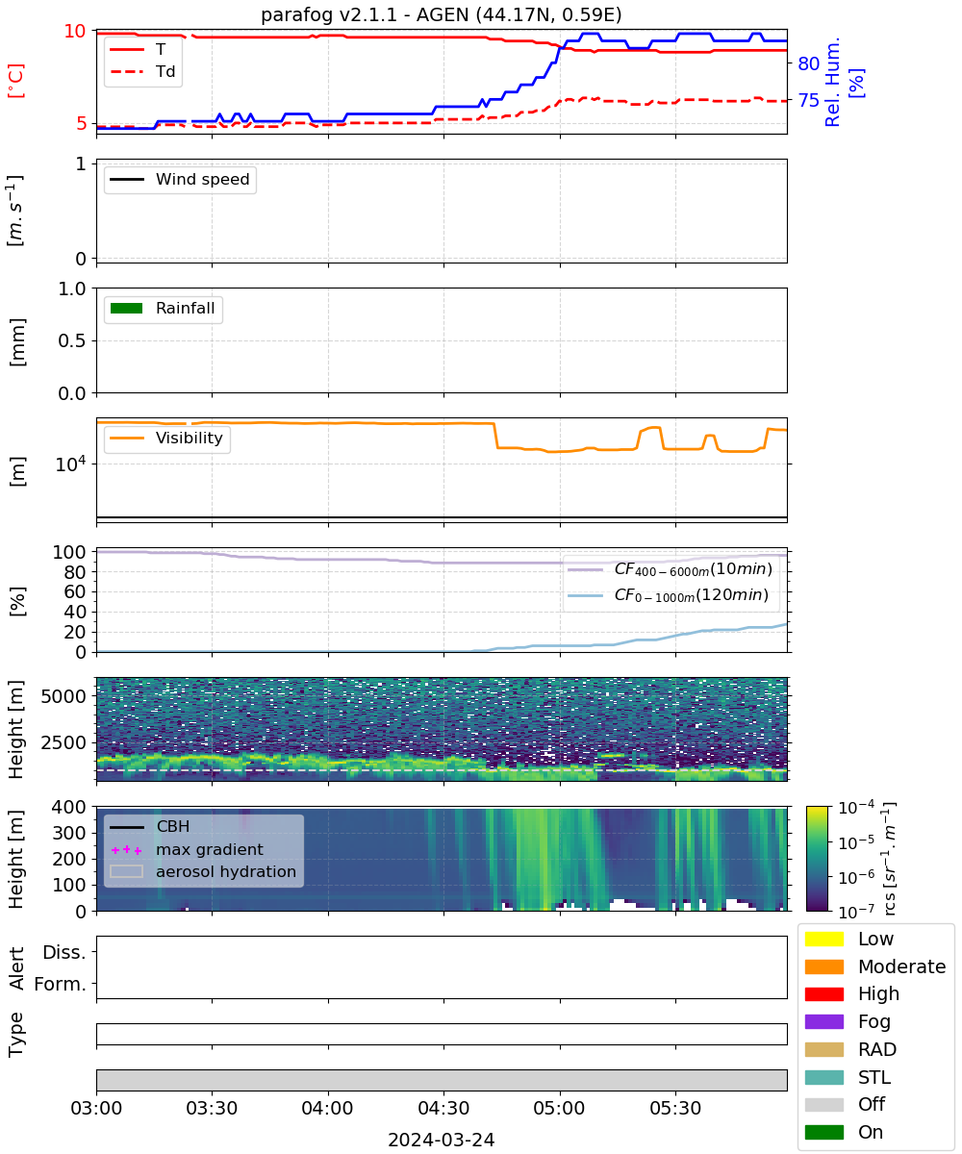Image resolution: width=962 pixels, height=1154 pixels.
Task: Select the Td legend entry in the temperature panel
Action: click(x=142, y=71)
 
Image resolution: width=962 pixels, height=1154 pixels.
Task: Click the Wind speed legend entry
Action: click(x=180, y=179)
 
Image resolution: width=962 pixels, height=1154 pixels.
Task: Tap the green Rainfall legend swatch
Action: click(x=127, y=309)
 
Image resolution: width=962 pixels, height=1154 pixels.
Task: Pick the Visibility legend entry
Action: click(x=165, y=438)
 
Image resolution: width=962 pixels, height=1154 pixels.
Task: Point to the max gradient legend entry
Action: click(x=187, y=849)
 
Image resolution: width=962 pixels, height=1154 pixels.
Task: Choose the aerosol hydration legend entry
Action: click(x=203, y=871)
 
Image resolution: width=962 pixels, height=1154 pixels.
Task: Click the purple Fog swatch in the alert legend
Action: click(x=823, y=1021)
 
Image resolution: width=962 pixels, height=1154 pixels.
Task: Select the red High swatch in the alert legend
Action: click(x=823, y=993)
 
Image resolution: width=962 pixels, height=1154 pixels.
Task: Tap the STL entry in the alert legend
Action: click(x=848, y=1077)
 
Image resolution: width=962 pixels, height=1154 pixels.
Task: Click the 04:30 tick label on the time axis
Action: click(x=443, y=1108)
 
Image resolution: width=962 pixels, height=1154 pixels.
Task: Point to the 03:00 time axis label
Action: click(x=96, y=1108)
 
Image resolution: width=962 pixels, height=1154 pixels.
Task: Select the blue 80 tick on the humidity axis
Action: click(x=808, y=63)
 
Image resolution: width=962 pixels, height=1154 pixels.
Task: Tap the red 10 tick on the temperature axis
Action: click(x=75, y=31)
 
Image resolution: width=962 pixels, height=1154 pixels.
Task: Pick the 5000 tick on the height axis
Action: click(x=63, y=696)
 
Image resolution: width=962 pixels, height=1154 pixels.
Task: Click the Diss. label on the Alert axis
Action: click(x=64, y=952)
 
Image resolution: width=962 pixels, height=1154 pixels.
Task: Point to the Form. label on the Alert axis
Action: click(x=61, y=985)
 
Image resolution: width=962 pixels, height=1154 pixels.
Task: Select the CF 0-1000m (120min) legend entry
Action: click(x=669, y=595)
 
